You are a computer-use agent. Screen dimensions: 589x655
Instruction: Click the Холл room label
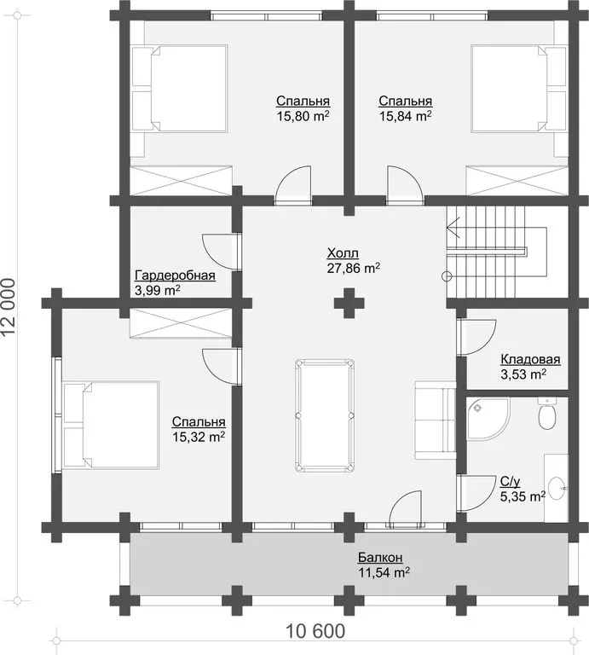[343, 253]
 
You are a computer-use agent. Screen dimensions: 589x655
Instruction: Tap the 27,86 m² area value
[353, 268]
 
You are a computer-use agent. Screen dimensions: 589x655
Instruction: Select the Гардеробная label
[175, 275]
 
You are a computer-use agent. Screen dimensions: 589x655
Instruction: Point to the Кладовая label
[530, 359]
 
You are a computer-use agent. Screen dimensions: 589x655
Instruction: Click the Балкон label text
[380, 558]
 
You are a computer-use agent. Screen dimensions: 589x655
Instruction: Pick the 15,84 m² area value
[406, 116]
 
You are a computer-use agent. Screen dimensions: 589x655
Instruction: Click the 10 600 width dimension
[315, 631]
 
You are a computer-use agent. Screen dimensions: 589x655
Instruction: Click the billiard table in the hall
[325, 415]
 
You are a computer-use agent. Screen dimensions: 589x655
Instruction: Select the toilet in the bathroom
[546, 414]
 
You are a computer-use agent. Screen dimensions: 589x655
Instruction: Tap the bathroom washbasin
[557, 488]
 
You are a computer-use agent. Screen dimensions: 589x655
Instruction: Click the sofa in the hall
[435, 420]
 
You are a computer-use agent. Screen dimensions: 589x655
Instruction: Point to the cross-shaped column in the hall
[349, 303]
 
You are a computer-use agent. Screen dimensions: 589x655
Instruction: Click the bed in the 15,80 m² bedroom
[180, 89]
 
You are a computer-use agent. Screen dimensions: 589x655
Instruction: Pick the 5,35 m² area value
[523, 496]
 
